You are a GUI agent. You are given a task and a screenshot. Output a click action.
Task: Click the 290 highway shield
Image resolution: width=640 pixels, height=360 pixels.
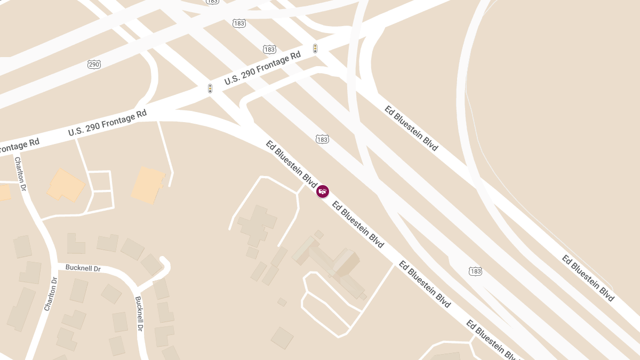point(94,64)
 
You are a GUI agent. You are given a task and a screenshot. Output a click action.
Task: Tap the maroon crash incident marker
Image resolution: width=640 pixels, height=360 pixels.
point(323,191)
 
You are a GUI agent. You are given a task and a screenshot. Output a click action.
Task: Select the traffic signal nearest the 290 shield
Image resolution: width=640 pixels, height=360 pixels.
point(210,89)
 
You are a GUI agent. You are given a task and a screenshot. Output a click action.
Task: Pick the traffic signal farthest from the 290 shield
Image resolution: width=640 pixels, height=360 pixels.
point(315,49)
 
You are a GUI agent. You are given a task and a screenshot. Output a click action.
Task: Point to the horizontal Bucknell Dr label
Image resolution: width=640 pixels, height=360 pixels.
point(83,268)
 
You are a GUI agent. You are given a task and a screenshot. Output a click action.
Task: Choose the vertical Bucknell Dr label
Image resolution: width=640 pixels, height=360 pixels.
point(139,314)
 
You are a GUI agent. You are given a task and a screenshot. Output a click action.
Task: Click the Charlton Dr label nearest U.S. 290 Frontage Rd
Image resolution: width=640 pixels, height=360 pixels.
point(20,173)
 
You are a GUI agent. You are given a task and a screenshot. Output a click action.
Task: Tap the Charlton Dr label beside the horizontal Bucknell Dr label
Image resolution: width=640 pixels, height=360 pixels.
point(51,294)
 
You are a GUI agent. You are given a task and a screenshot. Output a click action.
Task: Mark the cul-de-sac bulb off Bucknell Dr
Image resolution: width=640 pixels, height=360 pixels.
point(164,262)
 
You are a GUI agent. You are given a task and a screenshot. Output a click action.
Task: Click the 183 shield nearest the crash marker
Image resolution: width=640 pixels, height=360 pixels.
point(322,139)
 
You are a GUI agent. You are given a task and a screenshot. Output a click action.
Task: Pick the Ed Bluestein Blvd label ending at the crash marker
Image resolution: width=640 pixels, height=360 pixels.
point(292,164)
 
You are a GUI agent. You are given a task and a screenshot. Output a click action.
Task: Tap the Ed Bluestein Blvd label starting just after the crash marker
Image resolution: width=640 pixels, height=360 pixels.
point(358,225)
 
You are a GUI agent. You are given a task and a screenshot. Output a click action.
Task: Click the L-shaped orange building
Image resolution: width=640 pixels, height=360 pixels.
point(66,185)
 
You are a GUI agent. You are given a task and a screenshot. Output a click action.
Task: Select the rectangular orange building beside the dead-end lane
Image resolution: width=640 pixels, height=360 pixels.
point(148,185)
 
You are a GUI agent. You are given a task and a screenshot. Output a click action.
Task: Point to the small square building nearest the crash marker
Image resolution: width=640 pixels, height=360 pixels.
point(319,234)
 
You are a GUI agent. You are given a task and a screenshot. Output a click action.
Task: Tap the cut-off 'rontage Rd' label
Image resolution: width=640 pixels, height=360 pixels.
point(20,145)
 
